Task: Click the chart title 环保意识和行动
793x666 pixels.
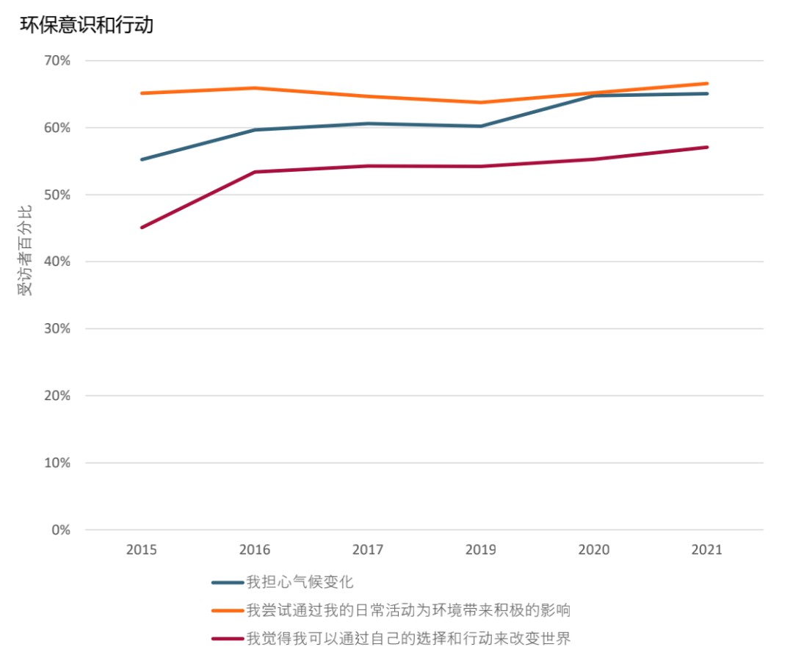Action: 86,25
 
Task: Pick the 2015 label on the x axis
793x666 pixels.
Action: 141,549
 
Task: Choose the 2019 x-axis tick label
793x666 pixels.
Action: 481,549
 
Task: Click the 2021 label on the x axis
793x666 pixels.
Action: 707,549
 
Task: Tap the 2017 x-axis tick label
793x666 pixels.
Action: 368,549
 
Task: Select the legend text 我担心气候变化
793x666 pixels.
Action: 300,582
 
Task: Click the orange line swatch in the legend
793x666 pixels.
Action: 228,610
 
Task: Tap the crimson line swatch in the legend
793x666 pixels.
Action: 228,638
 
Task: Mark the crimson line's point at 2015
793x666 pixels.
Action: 142,228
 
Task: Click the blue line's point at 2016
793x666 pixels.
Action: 255,130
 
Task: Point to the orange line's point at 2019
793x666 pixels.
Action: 481,102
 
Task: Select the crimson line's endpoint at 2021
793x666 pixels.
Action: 707,147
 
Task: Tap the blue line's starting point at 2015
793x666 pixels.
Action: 142,159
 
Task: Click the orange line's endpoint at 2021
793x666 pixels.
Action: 707,84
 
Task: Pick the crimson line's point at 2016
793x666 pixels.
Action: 255,172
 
